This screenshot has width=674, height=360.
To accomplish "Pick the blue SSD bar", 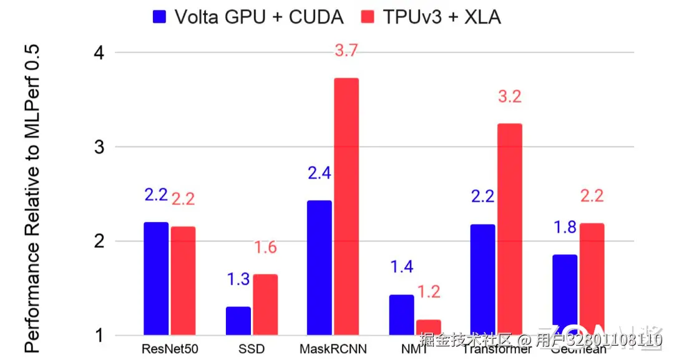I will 238,321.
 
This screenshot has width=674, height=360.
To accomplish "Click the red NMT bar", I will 428,327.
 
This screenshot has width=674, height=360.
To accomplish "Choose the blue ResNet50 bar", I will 156,278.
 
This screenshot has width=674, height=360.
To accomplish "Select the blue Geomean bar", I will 564,294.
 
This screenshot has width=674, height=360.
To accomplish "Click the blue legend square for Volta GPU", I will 160,17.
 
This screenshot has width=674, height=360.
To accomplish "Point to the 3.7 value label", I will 346,51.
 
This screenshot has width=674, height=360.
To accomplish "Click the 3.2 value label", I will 509,97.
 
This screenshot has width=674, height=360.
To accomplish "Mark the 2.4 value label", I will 319,173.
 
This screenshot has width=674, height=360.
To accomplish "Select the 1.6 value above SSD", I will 265,248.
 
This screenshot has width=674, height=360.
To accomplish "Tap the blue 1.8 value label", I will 565,227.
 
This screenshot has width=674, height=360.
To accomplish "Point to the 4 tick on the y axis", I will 98,53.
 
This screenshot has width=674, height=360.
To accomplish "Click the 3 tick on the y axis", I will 98,147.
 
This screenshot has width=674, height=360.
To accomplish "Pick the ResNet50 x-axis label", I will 170,348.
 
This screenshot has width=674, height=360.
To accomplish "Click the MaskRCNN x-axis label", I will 333,348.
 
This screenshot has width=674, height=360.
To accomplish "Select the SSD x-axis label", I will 252,348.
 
